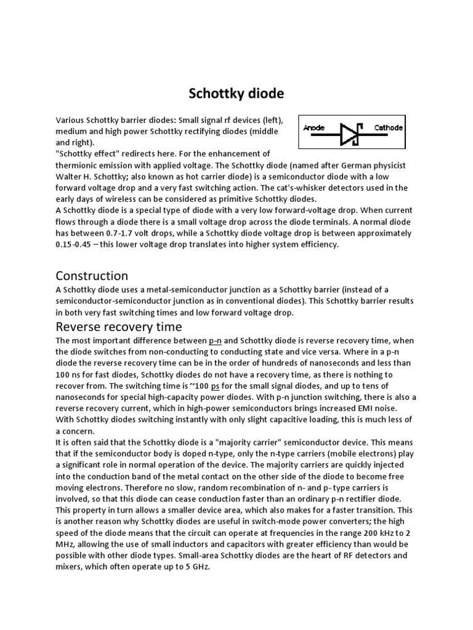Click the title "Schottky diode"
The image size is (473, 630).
coord(236,94)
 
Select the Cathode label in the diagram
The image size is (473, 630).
coord(389,128)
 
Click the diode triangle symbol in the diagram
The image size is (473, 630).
coord(349,132)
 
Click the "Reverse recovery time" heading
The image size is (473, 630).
coord(119,326)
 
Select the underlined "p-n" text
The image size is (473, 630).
coord(216,340)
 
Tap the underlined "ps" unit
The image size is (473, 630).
coord(216,386)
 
